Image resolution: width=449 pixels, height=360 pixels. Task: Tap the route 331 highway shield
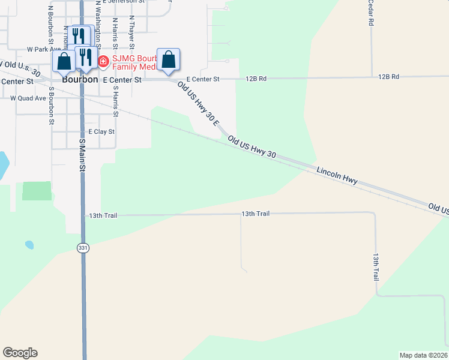83,248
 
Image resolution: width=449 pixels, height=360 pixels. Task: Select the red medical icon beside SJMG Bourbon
103,61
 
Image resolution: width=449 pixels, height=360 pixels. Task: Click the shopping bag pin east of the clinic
169,60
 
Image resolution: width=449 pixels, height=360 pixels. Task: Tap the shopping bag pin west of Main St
64,62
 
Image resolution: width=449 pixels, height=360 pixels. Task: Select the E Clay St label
101,131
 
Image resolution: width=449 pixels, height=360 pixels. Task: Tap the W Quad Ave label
28,98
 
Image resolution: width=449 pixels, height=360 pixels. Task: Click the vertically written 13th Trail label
376,267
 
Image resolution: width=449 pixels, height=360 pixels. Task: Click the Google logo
20,353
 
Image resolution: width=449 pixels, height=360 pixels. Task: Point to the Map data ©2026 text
423,355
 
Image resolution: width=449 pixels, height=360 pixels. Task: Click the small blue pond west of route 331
29,245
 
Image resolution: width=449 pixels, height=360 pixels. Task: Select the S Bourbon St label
52,106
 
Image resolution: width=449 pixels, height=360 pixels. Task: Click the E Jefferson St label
124,2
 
